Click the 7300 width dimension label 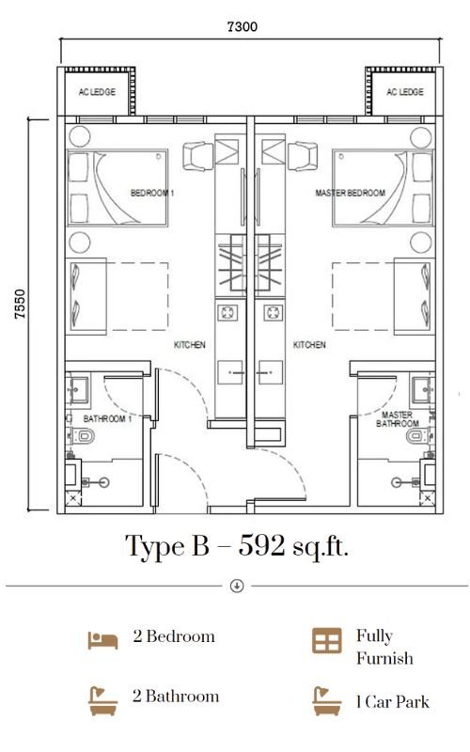coord(242,26)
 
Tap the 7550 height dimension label coord(20,304)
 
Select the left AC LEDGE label coord(97,91)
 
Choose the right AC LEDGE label coord(405,91)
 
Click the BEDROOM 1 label coord(152,193)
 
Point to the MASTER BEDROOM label coord(350,193)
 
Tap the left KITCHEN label coord(190,344)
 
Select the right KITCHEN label coord(309,344)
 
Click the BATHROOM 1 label coord(107,418)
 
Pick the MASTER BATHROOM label coord(398,418)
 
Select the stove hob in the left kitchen coord(227,313)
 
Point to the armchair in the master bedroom coord(302,156)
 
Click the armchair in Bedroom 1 coord(198,156)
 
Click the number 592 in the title coord(262,545)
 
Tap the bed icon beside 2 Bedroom coord(102,640)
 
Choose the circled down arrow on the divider coord(237,586)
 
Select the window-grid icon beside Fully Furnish coord(327,641)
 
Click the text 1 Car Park coord(393,701)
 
